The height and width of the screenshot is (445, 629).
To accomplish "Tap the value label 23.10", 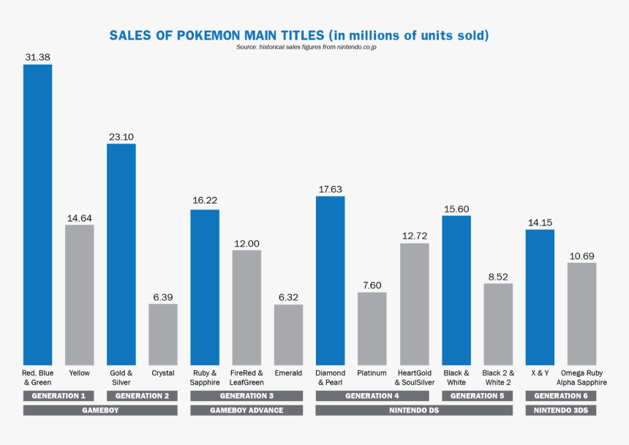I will click(x=121, y=137).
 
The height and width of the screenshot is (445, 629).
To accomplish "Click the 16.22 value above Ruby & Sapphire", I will click(x=205, y=200).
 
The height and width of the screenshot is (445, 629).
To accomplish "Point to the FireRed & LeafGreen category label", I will click(x=246, y=378).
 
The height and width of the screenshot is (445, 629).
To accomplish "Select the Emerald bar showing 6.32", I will click(x=288, y=334).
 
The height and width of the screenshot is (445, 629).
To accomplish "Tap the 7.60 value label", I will click(x=372, y=285).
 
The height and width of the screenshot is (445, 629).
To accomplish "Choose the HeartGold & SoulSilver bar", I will click(x=414, y=304).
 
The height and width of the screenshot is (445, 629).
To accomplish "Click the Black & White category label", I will click(x=456, y=378).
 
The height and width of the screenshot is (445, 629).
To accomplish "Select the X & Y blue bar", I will click(x=540, y=296).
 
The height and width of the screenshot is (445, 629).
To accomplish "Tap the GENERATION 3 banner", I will click(x=246, y=396).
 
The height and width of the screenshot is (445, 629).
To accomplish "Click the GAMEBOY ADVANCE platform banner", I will click(x=246, y=411).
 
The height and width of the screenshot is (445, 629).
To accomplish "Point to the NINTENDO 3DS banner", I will click(x=560, y=411).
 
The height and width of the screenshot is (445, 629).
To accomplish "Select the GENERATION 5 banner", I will click(x=477, y=396).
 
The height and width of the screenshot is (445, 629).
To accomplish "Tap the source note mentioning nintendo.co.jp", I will click(x=306, y=47).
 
